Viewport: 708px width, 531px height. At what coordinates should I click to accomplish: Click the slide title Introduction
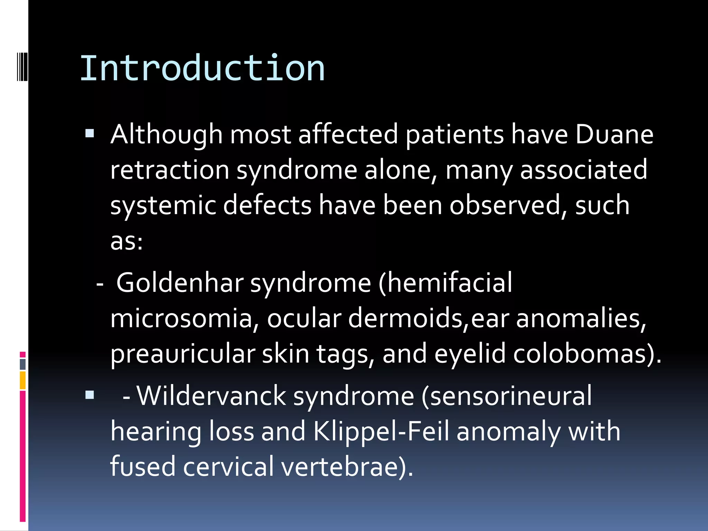click(202, 68)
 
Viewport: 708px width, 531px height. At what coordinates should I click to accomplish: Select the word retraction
click(169, 170)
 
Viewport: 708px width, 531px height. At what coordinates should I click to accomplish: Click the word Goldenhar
click(180, 283)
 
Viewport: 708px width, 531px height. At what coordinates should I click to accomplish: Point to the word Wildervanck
click(211, 396)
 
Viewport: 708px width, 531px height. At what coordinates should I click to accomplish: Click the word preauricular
click(183, 354)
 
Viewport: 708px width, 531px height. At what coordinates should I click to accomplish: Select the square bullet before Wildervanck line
click(90, 395)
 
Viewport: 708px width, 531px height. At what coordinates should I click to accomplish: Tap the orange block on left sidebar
click(22, 380)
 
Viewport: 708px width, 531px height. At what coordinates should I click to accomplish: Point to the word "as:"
click(126, 241)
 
